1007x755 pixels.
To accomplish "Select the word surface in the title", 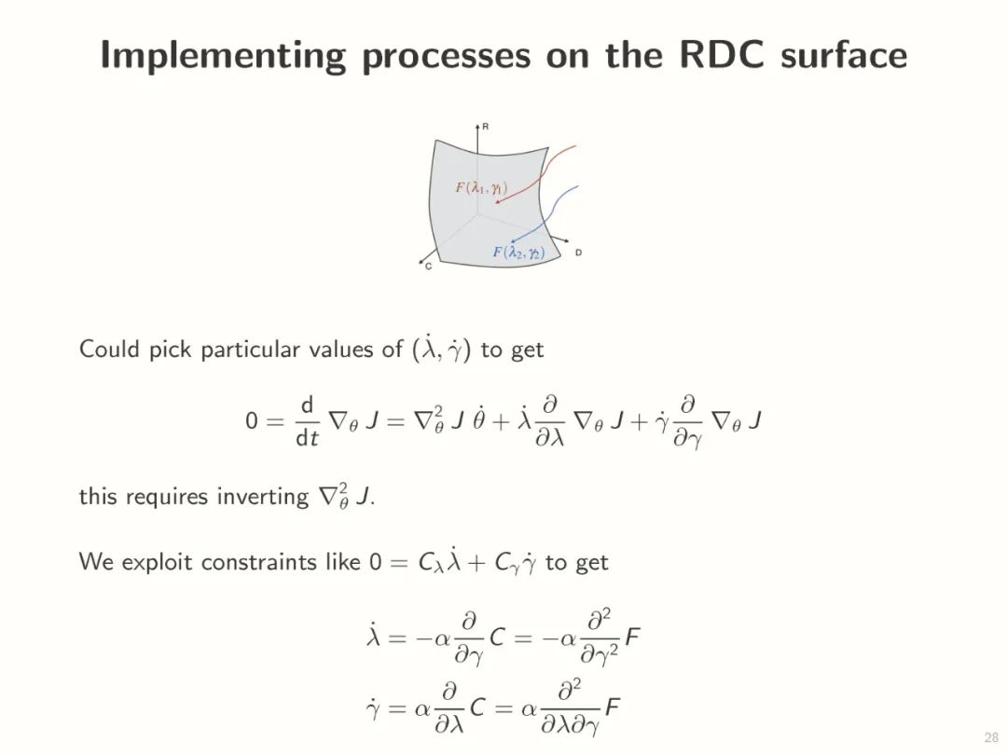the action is tap(844, 55).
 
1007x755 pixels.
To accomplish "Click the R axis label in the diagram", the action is tap(486, 126).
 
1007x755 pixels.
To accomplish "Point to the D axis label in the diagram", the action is tap(578, 253).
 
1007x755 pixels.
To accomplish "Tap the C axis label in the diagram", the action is tap(428, 267).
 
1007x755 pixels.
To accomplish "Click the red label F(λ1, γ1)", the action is tap(481, 187).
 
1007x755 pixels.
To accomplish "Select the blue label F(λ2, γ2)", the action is tap(518, 253).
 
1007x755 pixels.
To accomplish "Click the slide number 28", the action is tap(991, 735).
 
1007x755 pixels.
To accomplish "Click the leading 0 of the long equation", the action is tap(251, 421).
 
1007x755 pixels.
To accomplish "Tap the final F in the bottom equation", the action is tap(613, 707).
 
